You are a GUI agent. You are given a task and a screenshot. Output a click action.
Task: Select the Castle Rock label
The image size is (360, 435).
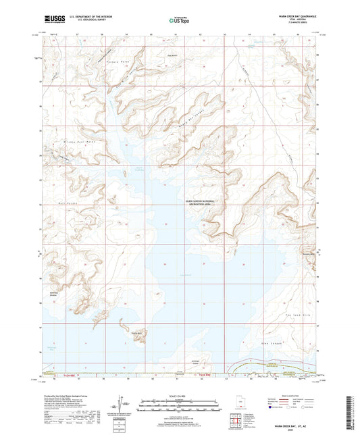pos(136,332)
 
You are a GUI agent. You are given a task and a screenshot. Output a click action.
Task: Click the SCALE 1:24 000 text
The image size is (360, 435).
pos(179,394)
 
